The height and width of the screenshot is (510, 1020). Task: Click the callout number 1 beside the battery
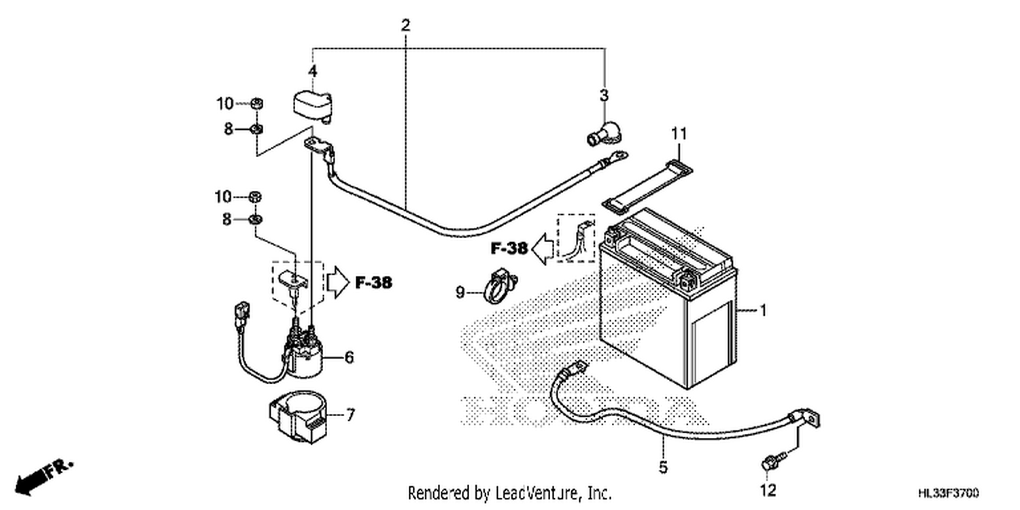[763, 311]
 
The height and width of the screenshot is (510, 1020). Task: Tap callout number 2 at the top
[405, 25]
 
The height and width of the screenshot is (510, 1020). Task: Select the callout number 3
[604, 96]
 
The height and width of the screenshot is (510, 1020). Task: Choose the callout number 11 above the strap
[679, 134]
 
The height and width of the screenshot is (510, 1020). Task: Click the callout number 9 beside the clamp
[460, 292]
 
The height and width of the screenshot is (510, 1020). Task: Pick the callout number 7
[350, 415]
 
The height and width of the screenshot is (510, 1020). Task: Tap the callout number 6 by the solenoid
[349, 358]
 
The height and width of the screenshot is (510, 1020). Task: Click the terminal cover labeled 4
[312, 108]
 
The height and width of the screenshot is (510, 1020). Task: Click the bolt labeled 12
[772, 461]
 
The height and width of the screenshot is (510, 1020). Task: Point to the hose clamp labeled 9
[500, 287]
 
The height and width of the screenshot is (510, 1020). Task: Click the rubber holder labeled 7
[299, 417]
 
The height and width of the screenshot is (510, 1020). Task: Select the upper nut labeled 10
[257, 104]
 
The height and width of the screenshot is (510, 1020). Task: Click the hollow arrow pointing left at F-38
[543, 248]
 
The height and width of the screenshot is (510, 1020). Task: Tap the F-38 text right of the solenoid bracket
[373, 283]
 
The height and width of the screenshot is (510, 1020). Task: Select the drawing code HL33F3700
[948, 493]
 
